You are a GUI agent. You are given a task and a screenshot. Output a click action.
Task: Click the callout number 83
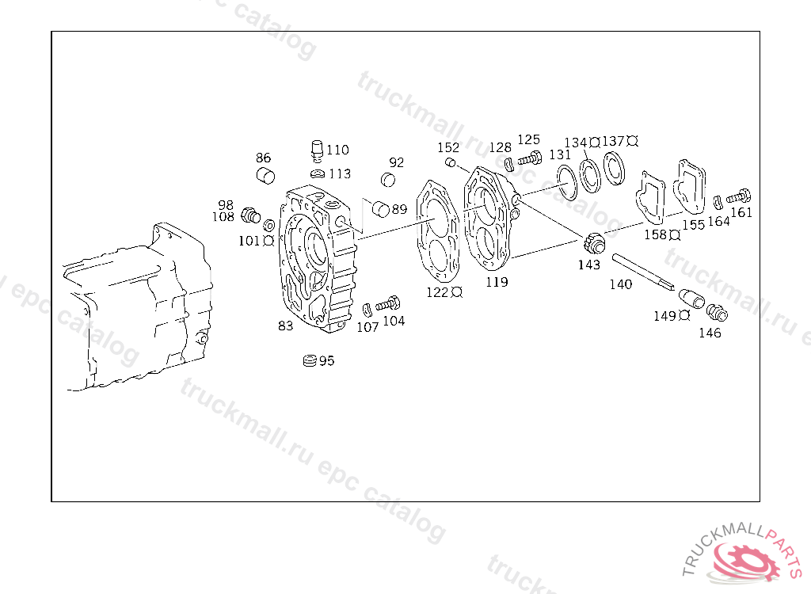285,326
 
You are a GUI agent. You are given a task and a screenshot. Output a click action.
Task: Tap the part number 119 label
497,282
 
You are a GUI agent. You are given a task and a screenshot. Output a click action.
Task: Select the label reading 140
621,284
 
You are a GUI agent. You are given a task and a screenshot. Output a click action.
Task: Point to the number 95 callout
326,360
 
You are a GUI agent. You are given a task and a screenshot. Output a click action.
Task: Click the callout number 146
710,333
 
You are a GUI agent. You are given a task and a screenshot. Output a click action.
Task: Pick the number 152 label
448,147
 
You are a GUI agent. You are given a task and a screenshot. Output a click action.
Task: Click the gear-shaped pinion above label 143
595,244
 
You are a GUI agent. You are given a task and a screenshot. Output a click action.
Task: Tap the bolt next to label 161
739,196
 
